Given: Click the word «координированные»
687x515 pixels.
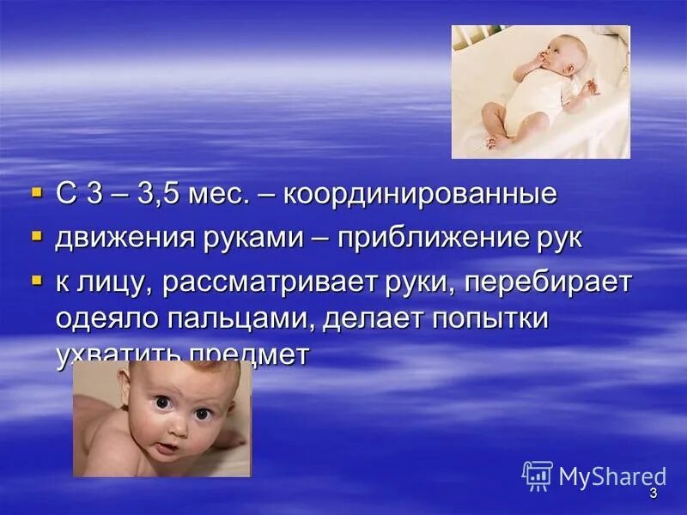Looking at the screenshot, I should (420, 195).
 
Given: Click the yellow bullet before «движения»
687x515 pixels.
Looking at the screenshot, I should (36, 234).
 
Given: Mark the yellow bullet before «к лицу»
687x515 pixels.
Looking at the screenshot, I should (36, 278).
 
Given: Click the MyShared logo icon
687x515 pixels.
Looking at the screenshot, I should (538, 476).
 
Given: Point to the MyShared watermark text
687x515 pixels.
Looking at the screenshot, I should (612, 476).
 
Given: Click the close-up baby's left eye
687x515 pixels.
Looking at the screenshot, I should (203, 413).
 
